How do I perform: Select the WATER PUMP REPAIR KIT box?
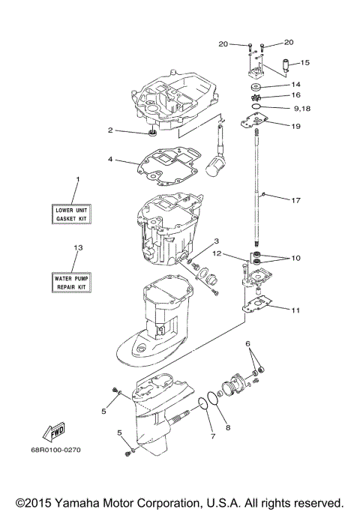[x=71, y=283]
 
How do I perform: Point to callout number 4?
[x=110, y=160]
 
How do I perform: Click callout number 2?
[x=110, y=130]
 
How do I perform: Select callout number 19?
[x=296, y=127]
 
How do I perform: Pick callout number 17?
[x=296, y=200]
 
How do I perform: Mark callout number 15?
[x=305, y=63]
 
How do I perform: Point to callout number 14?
[x=296, y=85]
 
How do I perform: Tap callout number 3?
[x=216, y=241]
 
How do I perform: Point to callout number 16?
[x=296, y=96]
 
